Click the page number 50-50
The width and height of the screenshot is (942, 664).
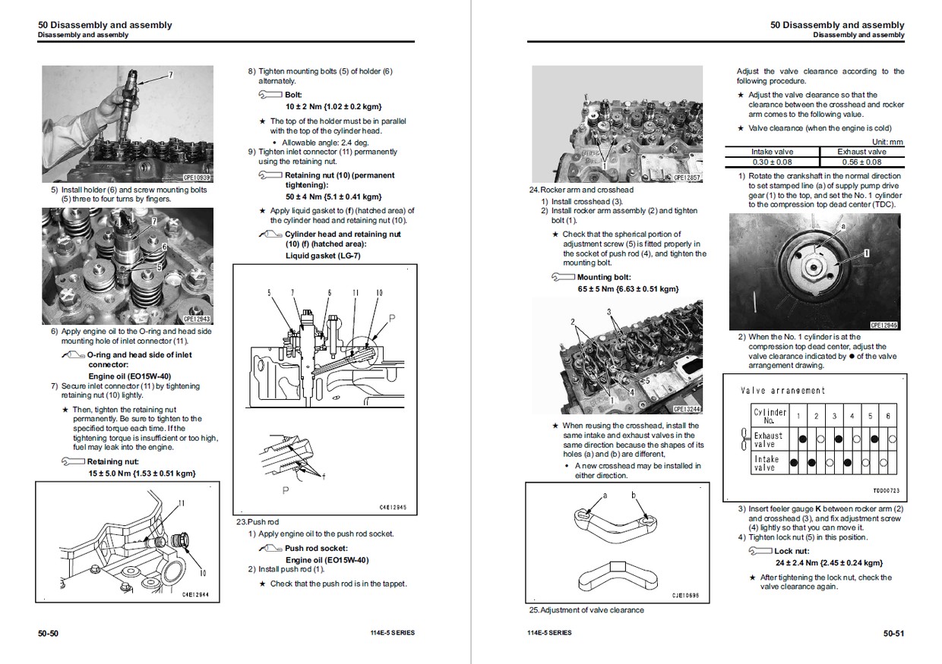tap(49, 632)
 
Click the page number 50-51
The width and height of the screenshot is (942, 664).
tap(893, 632)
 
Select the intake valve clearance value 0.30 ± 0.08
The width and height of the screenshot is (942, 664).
tap(772, 162)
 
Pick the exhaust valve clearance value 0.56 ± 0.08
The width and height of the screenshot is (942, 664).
tap(861, 162)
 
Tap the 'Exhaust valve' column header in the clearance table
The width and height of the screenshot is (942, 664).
tap(861, 152)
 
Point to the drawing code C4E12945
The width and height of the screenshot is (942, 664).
tap(393, 507)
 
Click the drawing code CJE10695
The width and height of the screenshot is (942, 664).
tap(684, 596)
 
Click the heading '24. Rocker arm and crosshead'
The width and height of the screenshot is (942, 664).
tap(581, 190)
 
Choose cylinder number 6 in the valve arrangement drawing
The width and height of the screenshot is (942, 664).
tap(888, 416)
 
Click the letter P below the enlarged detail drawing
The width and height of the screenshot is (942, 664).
tap(286, 491)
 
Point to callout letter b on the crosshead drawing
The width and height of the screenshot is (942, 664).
tap(633, 496)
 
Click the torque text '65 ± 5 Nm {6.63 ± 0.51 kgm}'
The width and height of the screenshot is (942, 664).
tap(628, 288)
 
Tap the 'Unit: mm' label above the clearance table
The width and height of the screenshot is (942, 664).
tap(887, 142)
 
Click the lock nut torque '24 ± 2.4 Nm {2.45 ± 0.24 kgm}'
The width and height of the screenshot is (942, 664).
tap(829, 562)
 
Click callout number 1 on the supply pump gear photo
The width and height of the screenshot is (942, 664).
tap(866, 251)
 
